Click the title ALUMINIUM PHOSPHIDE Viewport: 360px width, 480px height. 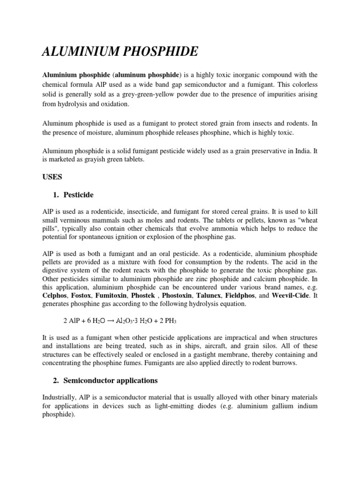point(120,52)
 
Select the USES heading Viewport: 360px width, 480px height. point(53,178)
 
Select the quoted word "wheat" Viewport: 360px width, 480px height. point(307,220)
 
